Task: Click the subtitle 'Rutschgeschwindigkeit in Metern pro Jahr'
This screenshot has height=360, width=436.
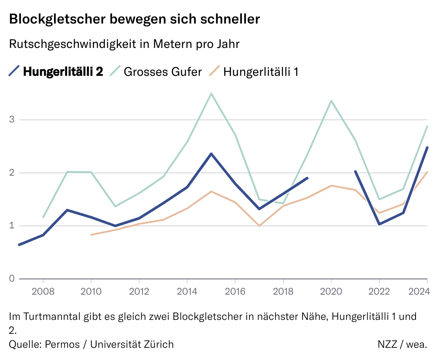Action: click(x=124, y=44)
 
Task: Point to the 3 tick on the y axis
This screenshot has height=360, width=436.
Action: click(x=12, y=119)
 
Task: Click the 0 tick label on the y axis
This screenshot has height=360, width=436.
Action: click(x=12, y=278)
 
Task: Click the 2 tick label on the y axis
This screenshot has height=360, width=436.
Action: click(x=12, y=173)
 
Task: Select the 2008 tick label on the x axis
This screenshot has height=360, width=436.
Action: click(x=43, y=291)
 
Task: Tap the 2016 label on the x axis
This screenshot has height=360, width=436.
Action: click(x=235, y=291)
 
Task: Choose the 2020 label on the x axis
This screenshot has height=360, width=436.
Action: click(x=331, y=291)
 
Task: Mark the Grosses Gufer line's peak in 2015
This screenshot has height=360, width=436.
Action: click(x=211, y=94)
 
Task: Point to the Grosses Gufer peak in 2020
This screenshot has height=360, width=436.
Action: click(x=331, y=101)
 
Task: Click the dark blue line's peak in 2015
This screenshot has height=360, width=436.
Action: click(x=211, y=153)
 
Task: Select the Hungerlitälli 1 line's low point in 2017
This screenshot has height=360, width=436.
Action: click(x=259, y=226)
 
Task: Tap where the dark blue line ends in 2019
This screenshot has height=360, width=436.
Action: click(x=307, y=178)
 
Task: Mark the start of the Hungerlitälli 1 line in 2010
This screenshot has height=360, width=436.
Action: click(x=91, y=235)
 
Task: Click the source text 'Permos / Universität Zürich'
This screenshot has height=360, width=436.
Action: click(x=109, y=344)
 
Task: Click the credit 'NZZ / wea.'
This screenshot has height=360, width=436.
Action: click(x=402, y=344)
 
